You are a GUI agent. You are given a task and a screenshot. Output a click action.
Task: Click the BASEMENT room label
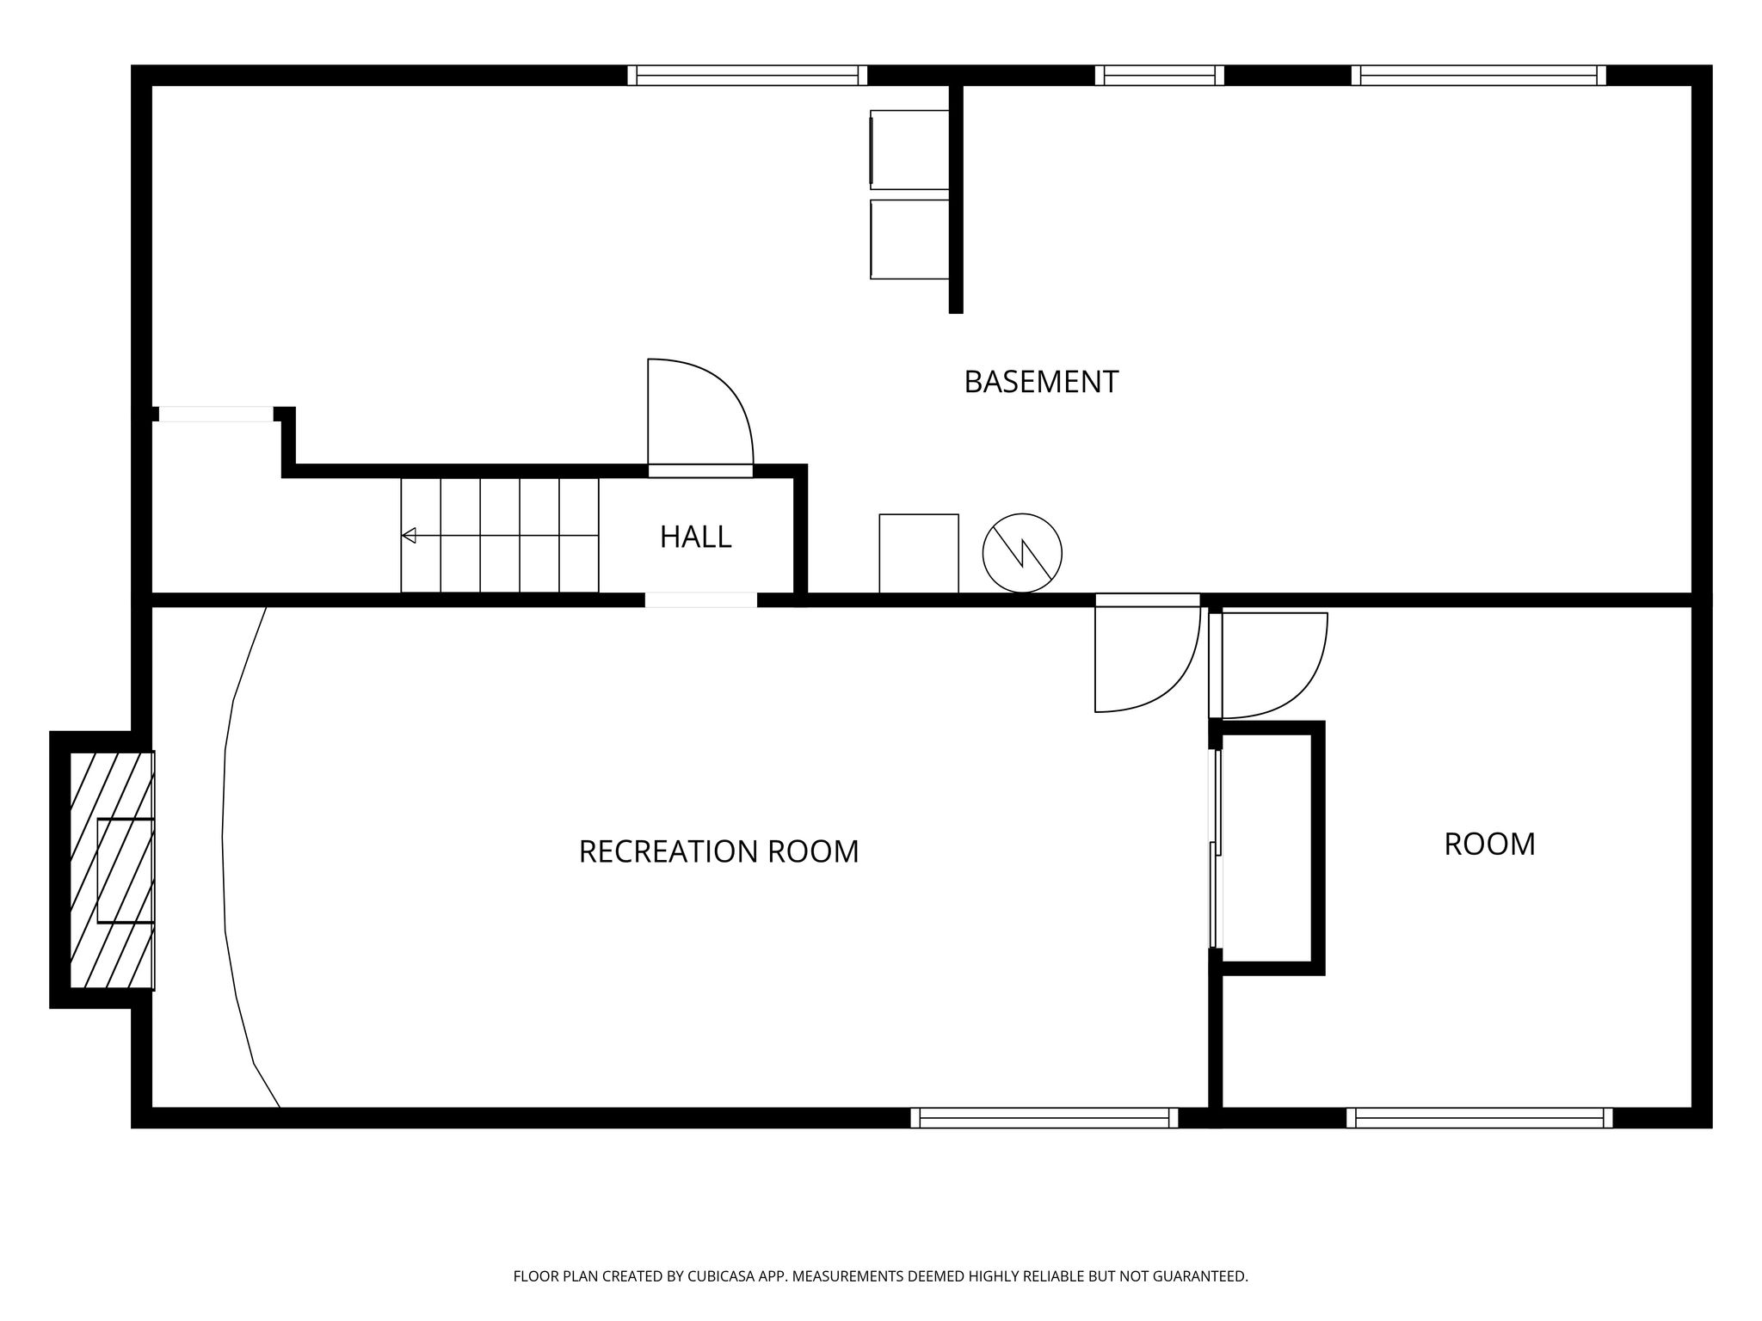pyautogui.click(x=1041, y=382)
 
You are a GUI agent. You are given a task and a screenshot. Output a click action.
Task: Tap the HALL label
pyautogui.click(x=695, y=537)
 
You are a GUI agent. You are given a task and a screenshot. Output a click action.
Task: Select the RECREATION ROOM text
pyautogui.click(x=718, y=851)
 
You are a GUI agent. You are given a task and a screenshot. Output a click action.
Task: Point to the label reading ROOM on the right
pyautogui.click(x=1489, y=845)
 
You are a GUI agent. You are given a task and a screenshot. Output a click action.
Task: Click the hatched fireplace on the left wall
pyautogui.click(x=112, y=870)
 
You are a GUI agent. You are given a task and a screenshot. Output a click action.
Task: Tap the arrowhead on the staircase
pyautogui.click(x=409, y=536)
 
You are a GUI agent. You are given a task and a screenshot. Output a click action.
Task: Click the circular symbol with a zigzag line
pyautogui.click(x=1022, y=553)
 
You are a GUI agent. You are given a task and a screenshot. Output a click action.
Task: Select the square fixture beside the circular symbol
pyautogui.click(x=919, y=554)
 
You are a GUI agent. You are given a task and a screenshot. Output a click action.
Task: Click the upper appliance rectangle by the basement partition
pyautogui.click(x=909, y=150)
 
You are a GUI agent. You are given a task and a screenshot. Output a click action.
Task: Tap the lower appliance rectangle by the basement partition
pyautogui.click(x=909, y=239)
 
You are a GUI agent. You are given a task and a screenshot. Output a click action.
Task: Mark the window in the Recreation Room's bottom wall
pyautogui.click(x=1044, y=1117)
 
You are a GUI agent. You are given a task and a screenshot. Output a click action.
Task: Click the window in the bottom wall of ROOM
pyautogui.click(x=1480, y=1117)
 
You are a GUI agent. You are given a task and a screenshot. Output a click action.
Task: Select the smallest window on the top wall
pyautogui.click(x=1160, y=76)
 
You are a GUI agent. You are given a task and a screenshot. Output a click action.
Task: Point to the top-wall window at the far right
pyautogui.click(x=1479, y=76)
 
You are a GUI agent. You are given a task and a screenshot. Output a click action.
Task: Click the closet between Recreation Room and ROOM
pyautogui.click(x=1266, y=848)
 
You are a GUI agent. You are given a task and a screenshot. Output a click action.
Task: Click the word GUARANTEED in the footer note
pyautogui.click(x=1199, y=1277)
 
